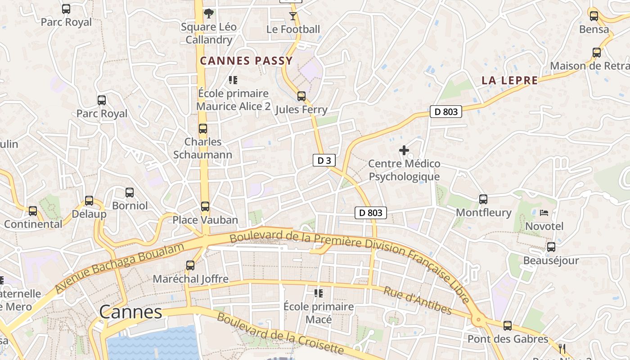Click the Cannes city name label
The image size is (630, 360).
click(x=130, y=312)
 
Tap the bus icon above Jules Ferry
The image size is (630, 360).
click(x=301, y=96)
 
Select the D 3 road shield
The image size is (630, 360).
click(x=324, y=160)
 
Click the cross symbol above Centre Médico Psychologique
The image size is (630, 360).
click(x=404, y=150)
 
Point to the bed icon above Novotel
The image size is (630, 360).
click(x=544, y=212)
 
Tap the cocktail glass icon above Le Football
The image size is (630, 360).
click(x=293, y=16)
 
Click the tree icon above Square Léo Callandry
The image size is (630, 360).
click(x=208, y=13)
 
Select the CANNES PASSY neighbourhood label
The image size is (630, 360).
click(x=246, y=61)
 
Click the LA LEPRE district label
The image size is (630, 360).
click(x=509, y=81)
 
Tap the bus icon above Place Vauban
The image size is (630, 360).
click(x=205, y=207)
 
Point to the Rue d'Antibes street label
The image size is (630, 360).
click(x=417, y=300)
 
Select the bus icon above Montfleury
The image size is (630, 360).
click(x=483, y=199)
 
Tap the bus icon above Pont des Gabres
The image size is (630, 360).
click(x=508, y=325)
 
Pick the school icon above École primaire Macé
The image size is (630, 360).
click(x=319, y=293)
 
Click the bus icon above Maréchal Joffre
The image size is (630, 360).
click(x=190, y=265)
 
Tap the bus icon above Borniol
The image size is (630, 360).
click(x=130, y=193)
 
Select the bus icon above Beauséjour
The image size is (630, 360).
click(x=551, y=247)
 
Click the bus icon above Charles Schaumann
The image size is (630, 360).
click(x=203, y=129)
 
